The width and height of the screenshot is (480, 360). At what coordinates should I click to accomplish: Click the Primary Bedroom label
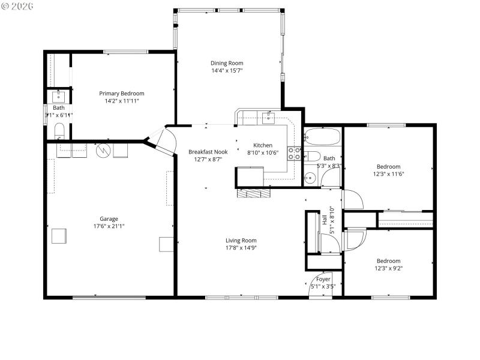click(x=122, y=93)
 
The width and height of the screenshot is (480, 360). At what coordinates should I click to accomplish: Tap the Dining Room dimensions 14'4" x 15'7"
click(x=227, y=71)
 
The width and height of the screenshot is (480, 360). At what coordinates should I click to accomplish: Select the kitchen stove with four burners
click(x=295, y=153)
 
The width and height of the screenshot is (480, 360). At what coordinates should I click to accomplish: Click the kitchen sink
click(x=268, y=117)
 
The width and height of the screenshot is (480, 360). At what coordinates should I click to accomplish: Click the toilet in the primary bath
click(x=59, y=131)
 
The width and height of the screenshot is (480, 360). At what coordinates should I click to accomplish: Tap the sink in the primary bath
click(x=59, y=97)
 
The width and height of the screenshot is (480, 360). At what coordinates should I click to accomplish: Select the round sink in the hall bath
click(x=310, y=177)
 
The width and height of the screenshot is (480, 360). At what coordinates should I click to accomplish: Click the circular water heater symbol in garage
click(x=104, y=150)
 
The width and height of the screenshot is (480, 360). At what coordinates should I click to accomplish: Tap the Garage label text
click(x=109, y=218)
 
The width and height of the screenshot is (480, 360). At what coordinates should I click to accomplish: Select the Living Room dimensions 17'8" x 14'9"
click(x=241, y=248)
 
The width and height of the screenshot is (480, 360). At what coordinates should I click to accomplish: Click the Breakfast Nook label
click(x=208, y=152)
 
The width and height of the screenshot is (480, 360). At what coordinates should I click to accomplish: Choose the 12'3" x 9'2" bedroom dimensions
click(x=388, y=268)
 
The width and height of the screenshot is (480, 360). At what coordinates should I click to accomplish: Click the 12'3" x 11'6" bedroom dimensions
click(x=389, y=174)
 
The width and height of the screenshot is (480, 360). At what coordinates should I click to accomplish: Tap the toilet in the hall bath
click(x=311, y=158)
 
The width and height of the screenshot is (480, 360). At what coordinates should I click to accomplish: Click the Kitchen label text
click(x=262, y=145)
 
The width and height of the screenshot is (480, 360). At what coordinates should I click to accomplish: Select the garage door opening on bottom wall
click(x=109, y=297)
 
